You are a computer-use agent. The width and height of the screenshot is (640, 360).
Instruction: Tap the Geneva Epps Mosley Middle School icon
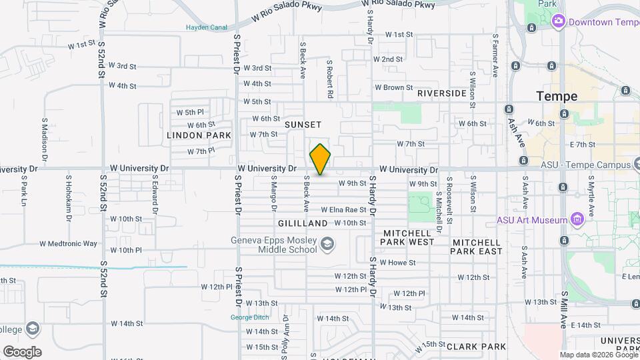point(327,245)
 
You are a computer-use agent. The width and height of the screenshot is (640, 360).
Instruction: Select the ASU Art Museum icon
point(577,219)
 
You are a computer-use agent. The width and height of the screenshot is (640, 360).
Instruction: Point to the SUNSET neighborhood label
point(303,125)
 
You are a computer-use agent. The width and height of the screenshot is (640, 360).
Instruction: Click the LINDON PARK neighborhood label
point(199,135)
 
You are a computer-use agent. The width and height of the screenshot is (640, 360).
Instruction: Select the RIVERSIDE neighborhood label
point(442,93)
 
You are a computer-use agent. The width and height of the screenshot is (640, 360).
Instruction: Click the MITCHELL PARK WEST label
point(409,237)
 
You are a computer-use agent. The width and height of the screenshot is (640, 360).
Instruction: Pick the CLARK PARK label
point(477,347)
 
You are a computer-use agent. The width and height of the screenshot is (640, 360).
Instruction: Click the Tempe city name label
point(557,96)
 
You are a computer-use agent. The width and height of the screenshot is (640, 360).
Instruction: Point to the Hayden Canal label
point(207,27)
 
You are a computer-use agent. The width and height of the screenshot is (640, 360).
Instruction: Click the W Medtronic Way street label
point(68,244)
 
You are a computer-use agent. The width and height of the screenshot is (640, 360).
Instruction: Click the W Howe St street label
point(398,263)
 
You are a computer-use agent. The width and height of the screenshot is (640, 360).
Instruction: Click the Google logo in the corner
point(22,352)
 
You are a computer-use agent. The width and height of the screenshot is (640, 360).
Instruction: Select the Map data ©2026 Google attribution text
point(597,355)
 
